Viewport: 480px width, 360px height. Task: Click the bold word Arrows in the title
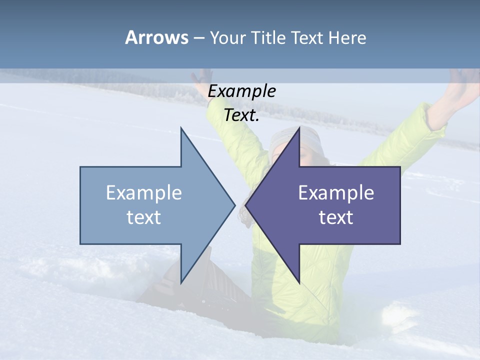click(x=156, y=37)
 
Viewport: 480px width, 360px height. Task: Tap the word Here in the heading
click(x=347, y=38)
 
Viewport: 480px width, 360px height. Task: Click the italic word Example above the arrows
click(x=242, y=91)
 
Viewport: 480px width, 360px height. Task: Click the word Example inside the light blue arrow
click(x=144, y=192)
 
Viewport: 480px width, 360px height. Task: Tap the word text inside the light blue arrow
click(x=144, y=217)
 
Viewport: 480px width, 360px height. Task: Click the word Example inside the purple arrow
click(x=336, y=192)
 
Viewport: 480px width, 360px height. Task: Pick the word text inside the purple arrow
click(x=336, y=217)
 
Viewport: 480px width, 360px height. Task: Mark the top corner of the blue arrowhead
click(x=181, y=129)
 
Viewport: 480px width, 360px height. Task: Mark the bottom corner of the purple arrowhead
click(x=298, y=282)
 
